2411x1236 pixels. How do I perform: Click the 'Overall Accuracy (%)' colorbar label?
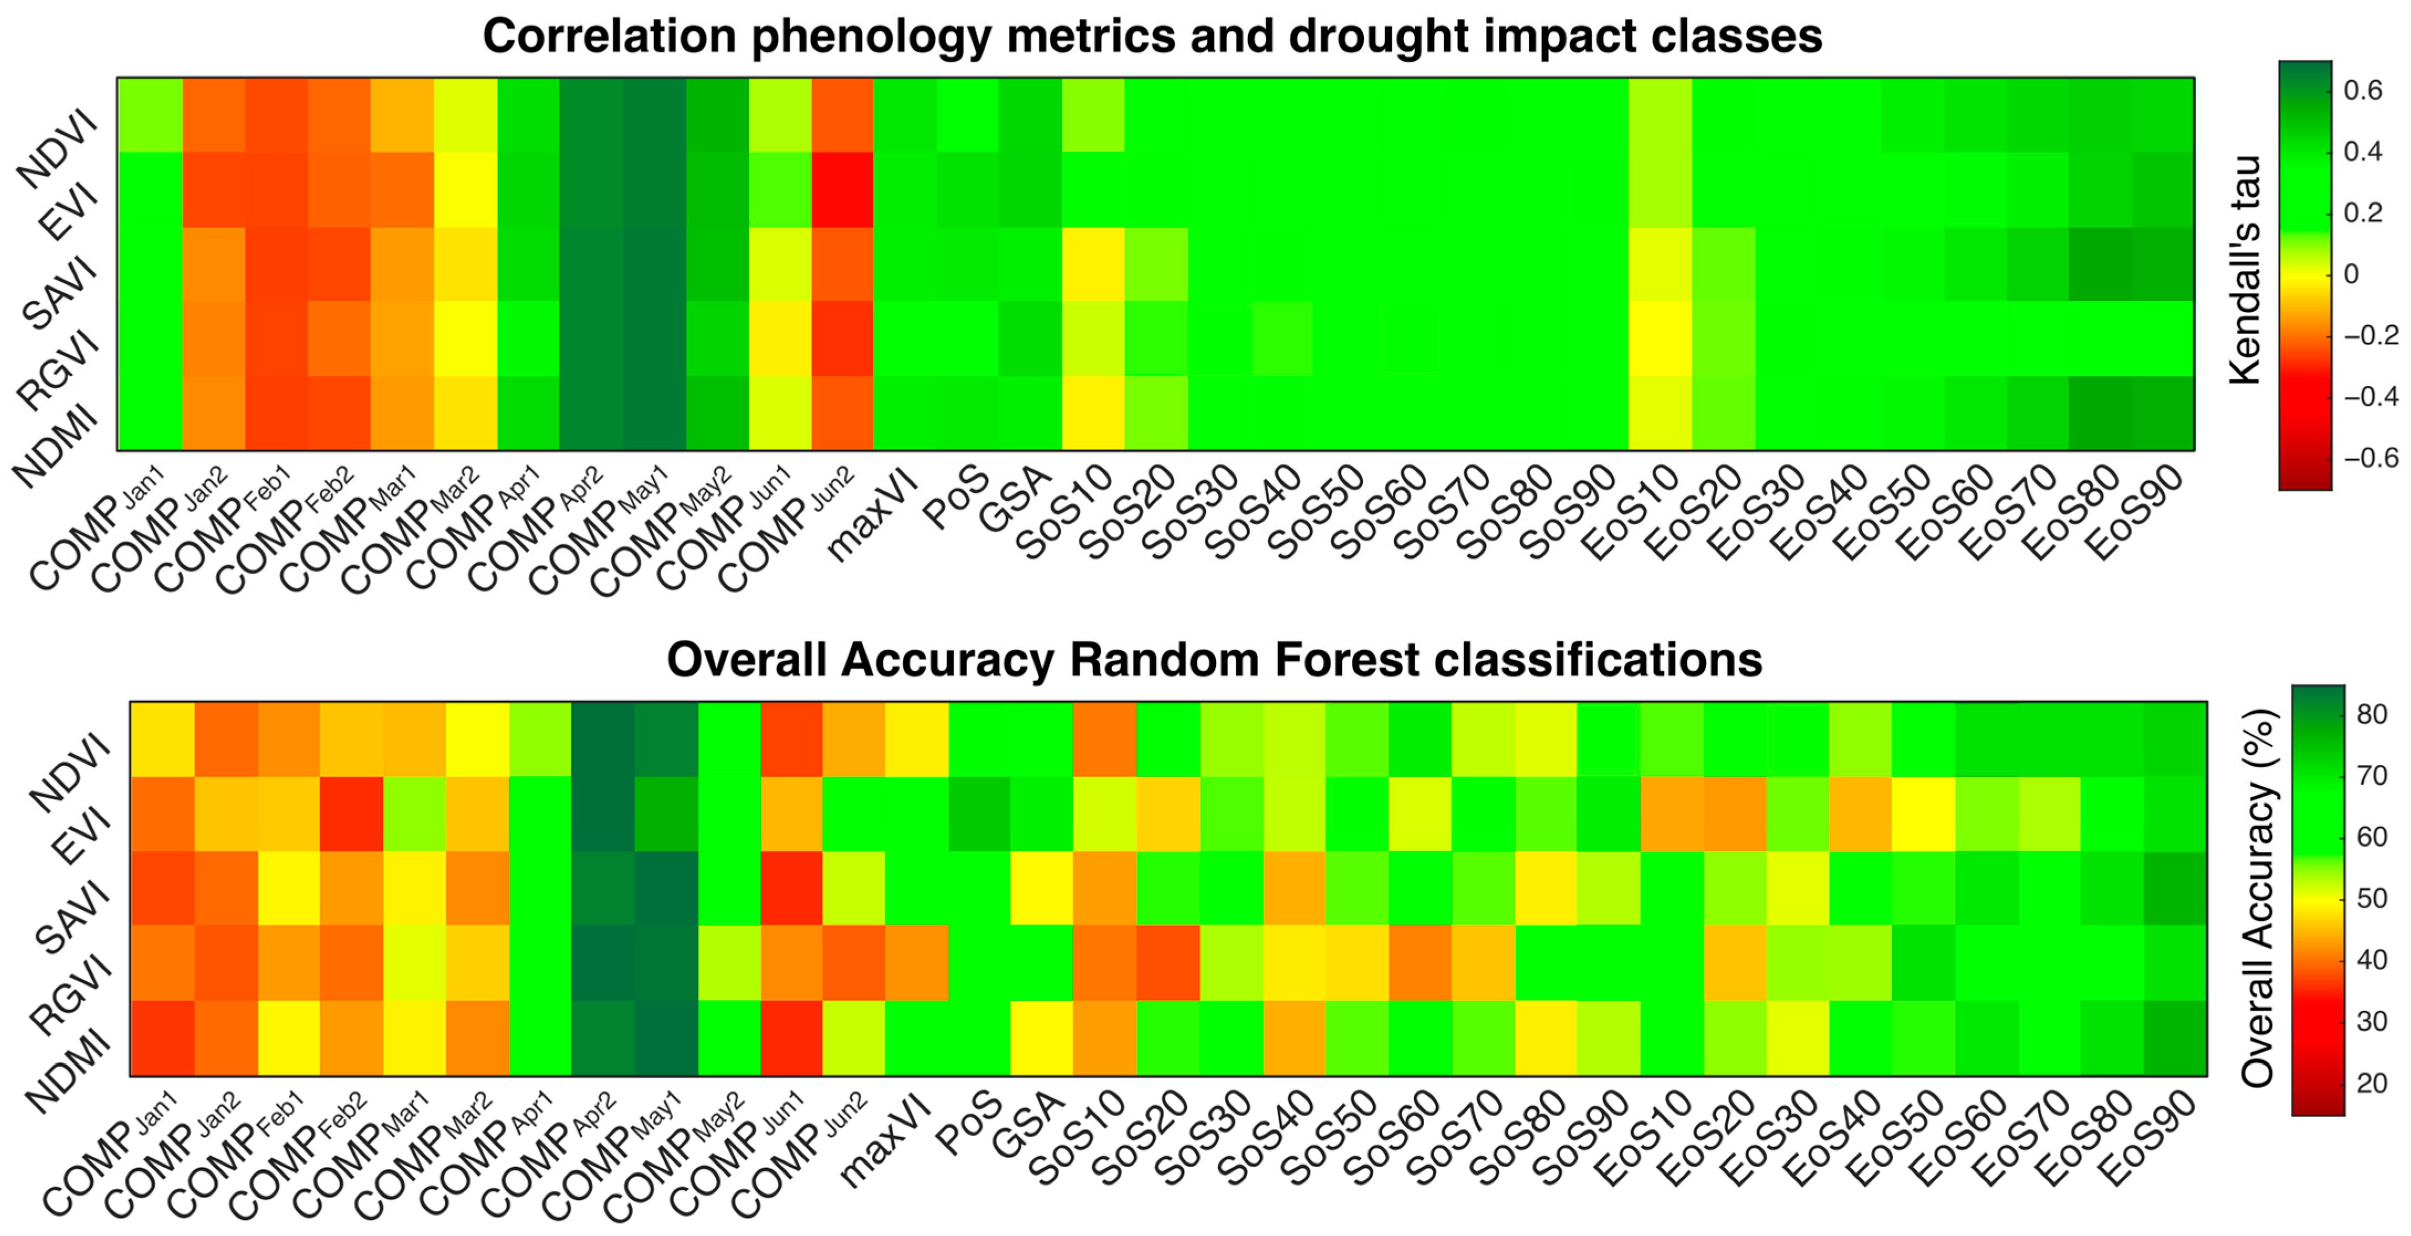[x=2257, y=899]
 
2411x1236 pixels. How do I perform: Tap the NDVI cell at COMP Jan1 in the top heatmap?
[x=150, y=115]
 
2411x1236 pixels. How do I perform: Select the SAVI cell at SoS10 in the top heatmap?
[x=1093, y=264]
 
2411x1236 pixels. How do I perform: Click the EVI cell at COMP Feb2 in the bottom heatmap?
[x=351, y=813]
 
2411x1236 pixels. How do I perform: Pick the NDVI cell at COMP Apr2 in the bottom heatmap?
[x=603, y=739]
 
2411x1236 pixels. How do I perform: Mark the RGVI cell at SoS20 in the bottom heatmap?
[x=1167, y=963]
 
